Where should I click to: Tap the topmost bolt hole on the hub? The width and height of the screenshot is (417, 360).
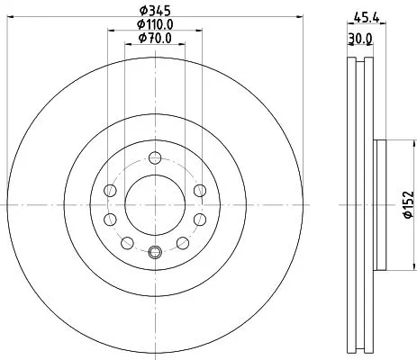[x=154, y=157]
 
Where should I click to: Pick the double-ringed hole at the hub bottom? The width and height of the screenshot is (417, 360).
[x=154, y=253]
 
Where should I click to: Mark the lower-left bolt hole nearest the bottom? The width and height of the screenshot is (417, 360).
[x=125, y=243]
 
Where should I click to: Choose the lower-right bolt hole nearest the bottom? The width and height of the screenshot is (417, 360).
[x=183, y=243]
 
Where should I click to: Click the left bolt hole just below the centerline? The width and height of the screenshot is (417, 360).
[x=110, y=220]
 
